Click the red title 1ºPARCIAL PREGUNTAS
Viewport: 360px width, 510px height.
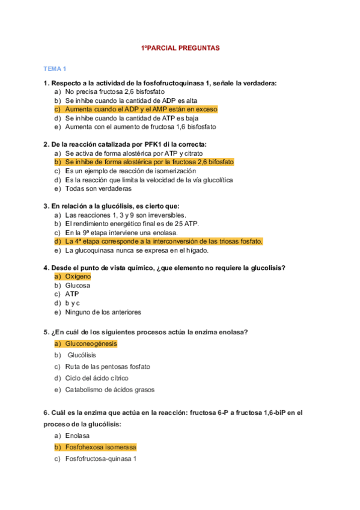(x=180, y=47)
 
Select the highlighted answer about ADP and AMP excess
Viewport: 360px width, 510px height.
(x=141, y=109)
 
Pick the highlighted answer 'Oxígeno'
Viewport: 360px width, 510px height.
(x=78, y=276)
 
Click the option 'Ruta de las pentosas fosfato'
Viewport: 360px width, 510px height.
(x=108, y=366)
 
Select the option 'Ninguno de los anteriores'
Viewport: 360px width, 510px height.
(x=103, y=312)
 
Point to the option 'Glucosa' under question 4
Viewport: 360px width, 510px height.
(x=78, y=286)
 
